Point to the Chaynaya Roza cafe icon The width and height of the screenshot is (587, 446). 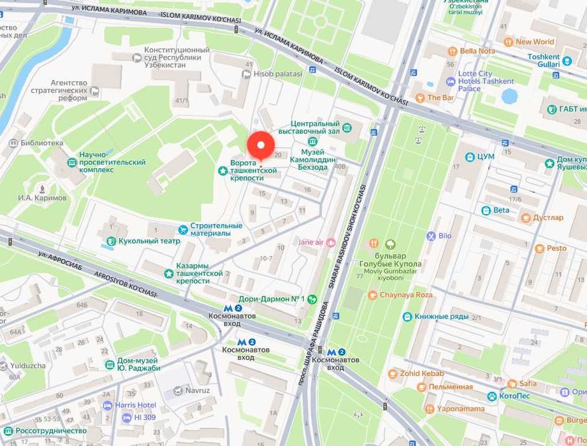coord(373,295)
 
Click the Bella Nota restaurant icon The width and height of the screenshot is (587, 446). coord(452,51)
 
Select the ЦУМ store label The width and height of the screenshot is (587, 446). coord(488,156)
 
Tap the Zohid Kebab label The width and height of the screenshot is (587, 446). coord(421,373)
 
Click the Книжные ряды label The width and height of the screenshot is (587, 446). coord(441,317)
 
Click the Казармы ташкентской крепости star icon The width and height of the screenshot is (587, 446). coord(168,273)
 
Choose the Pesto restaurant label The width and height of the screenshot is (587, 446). coord(556,248)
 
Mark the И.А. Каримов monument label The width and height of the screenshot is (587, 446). coord(42,198)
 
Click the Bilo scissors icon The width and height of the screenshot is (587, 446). coord(431,236)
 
